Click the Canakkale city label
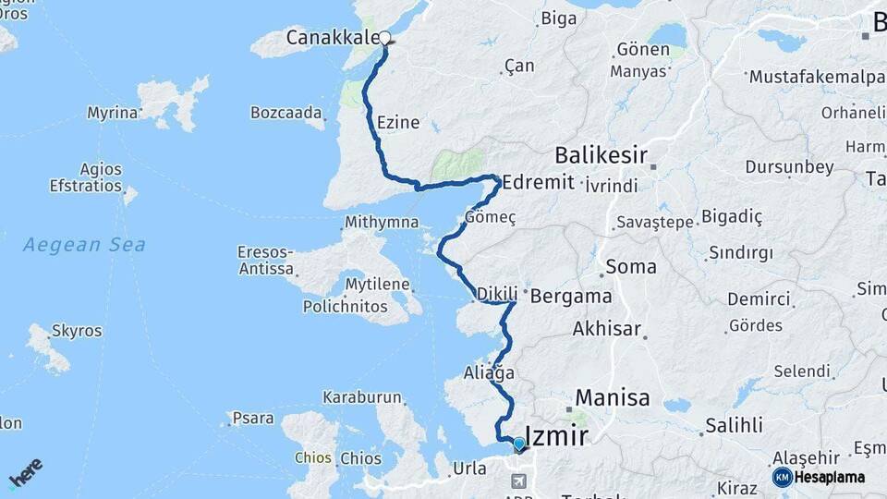pyautogui.click(x=332, y=38)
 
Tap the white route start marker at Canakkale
pyautogui.click(x=384, y=38)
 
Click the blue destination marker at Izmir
pyautogui.click(x=519, y=444)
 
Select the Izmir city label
pyautogui.click(x=556, y=435)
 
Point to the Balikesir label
pyautogui.click(x=601, y=154)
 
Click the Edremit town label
pyautogui.click(x=540, y=182)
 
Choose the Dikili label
pyautogui.click(x=497, y=295)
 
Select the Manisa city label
pyautogui.click(x=613, y=398)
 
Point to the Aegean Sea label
pyautogui.click(x=84, y=245)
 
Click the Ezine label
pyautogui.click(x=398, y=122)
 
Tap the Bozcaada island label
pyautogui.click(x=286, y=113)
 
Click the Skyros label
pyautogui.click(x=78, y=331)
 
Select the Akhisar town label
pyautogui.click(x=607, y=328)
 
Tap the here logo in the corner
pyautogui.click(x=25, y=472)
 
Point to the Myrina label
pyautogui.click(x=112, y=113)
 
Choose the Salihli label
pyautogui.click(x=734, y=425)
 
